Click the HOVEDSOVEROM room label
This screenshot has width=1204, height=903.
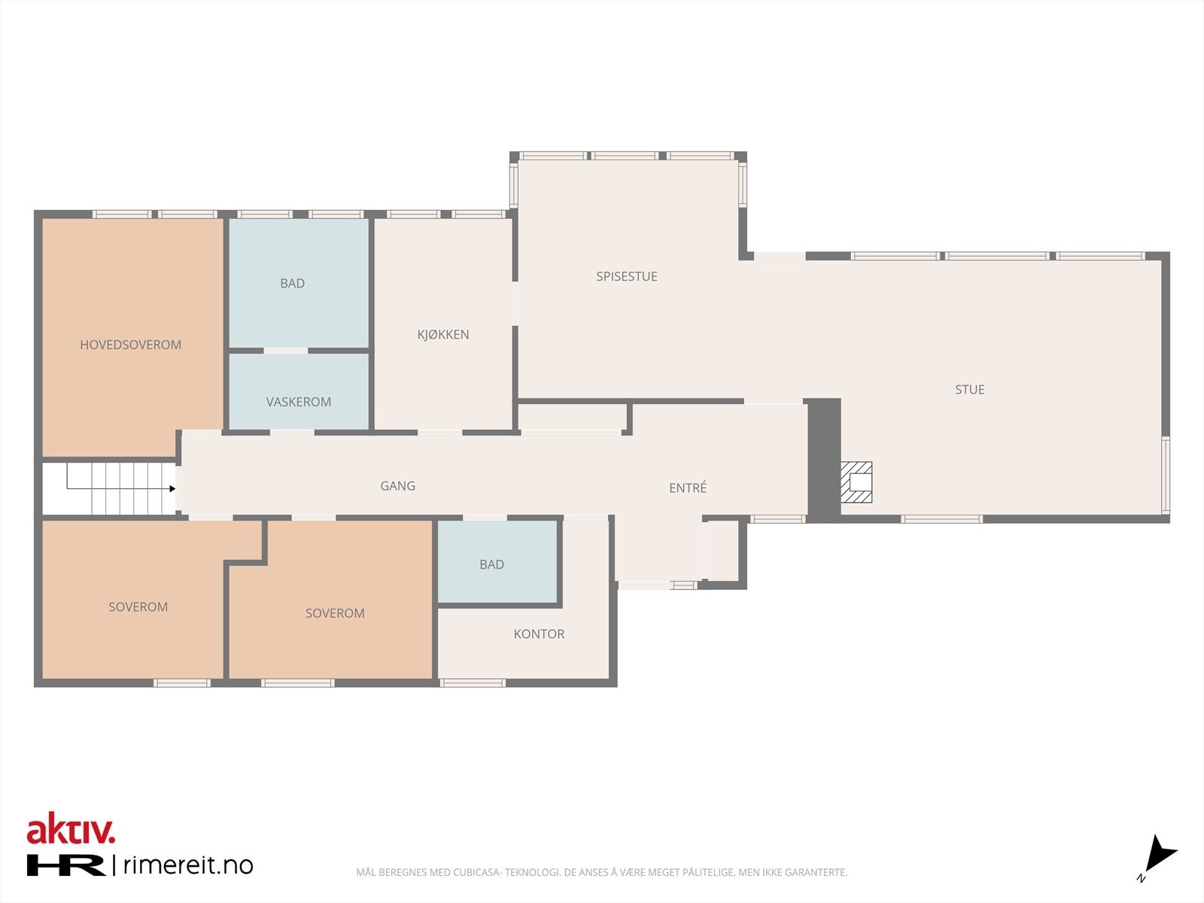coord(130,345)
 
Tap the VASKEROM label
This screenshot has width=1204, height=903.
coord(298,402)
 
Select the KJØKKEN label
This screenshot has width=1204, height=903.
coord(443,335)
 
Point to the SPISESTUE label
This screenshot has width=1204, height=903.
coord(626,276)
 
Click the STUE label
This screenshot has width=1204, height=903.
coord(969,389)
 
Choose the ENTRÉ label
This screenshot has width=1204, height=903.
coord(687,488)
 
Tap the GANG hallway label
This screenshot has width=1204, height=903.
coord(397,485)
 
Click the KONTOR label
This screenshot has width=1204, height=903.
coord(539,634)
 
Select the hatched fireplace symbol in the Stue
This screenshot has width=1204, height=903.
coord(856,482)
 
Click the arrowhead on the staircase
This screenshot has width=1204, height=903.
coord(172,488)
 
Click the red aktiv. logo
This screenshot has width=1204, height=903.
coord(71,830)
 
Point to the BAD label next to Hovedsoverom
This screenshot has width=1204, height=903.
coord(292,283)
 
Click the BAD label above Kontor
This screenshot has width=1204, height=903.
coord(491,564)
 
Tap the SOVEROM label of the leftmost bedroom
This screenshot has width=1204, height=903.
coord(138,607)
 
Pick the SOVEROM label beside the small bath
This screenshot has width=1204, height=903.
coord(335,613)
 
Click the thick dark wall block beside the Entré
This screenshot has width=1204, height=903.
coord(823,459)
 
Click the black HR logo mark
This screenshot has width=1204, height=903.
coord(66,865)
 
